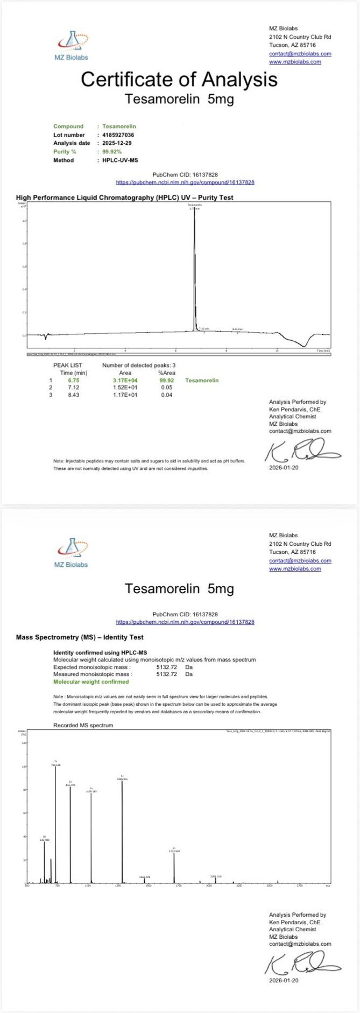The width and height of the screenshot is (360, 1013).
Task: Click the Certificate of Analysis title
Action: pyautogui.click(x=179, y=80)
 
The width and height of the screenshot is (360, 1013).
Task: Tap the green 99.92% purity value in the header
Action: pyautogui.click(x=112, y=152)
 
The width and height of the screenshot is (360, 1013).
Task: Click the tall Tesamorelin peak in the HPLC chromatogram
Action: pyautogui.click(x=194, y=269)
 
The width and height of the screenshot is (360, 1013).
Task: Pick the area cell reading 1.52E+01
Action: pyautogui.click(x=125, y=388)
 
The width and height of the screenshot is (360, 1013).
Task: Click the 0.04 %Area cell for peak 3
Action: pyautogui.click(x=166, y=395)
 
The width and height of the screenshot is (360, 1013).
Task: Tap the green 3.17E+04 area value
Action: pyautogui.click(x=125, y=381)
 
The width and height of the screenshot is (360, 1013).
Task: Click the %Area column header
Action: pyautogui.click(x=166, y=372)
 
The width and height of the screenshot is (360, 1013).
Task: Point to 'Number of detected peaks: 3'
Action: pyautogui.click(x=139, y=365)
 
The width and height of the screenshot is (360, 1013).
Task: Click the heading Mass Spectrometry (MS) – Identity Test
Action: pyautogui.click(x=80, y=637)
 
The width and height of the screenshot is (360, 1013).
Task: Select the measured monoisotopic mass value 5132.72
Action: pyautogui.click(x=166, y=674)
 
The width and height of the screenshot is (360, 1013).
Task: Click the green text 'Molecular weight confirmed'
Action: pyautogui.click(x=91, y=681)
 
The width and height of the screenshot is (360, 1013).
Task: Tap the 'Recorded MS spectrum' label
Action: pyautogui.click(x=83, y=725)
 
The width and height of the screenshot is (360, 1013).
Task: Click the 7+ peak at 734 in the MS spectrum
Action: pyautogui.click(x=55, y=824)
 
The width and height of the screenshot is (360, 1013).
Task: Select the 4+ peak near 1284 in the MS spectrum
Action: pyautogui.click(x=122, y=832)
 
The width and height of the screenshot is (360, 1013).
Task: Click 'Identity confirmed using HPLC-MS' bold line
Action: pyautogui.click(x=100, y=652)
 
